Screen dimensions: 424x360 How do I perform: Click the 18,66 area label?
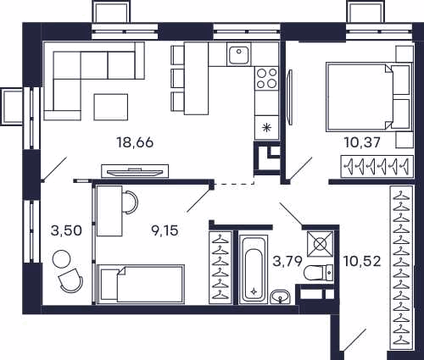tap(135, 142)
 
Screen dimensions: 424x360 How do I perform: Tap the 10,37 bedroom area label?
tap(362, 142)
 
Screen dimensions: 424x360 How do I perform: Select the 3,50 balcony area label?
tap(67, 230)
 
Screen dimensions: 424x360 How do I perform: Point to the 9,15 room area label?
tap(165, 230)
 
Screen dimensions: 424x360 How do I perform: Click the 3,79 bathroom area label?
tap(287, 261)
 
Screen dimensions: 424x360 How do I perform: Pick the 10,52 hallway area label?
tap(362, 261)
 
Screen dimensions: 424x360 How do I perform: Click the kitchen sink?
tap(239, 54)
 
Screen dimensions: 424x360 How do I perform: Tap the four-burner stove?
tap(266, 79)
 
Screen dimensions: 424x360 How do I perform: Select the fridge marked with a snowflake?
tap(266, 127)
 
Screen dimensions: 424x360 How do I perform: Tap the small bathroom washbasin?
tap(280, 297)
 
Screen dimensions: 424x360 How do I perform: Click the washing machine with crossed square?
tap(320, 244)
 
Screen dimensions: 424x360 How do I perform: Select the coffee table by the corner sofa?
tap(111, 108)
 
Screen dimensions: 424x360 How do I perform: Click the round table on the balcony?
tap(62, 259)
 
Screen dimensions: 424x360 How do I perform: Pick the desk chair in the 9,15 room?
tap(131, 202)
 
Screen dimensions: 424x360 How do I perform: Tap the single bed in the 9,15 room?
tap(141, 285)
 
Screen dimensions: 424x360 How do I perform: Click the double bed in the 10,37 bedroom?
tap(368, 97)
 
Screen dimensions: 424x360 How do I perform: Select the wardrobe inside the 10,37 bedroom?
tap(377, 167)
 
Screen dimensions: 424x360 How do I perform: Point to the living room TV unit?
tap(135, 171)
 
